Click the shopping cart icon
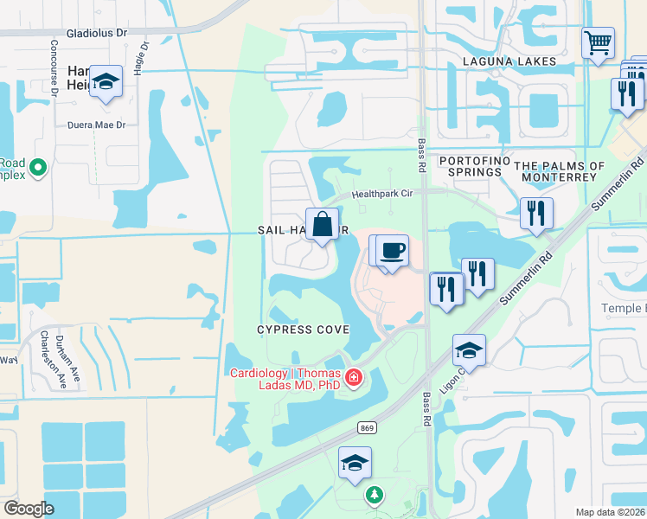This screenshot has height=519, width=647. point(599,43)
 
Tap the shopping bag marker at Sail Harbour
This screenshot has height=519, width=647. point(322,226)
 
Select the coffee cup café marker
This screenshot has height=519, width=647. point(392,252)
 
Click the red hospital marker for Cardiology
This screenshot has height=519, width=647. point(353,378)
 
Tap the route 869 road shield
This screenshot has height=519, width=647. point(367,427)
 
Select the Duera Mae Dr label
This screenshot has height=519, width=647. point(97,125)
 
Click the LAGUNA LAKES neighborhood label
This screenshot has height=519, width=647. point(499,61)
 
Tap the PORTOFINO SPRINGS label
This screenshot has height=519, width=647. point(470,166)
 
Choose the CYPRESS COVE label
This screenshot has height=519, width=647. point(303,330)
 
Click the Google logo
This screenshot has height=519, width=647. point(29,509)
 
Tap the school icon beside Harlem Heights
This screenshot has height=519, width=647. point(106,82)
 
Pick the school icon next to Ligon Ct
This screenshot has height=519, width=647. point(469,350)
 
